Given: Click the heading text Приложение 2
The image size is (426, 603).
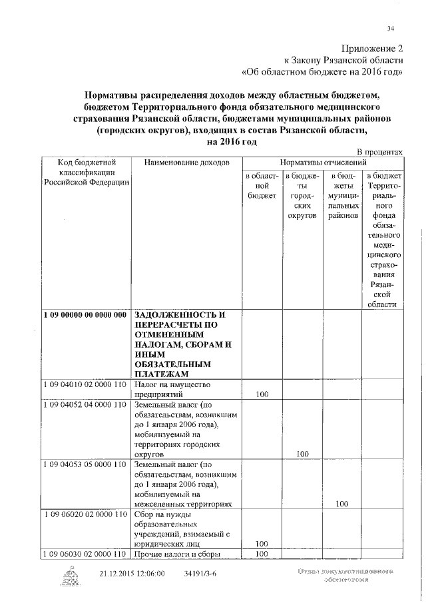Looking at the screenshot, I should tap(373, 49).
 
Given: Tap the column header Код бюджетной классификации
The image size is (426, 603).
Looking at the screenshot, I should tap(87, 173).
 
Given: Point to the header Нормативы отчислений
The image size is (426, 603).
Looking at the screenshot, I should tap(323, 163).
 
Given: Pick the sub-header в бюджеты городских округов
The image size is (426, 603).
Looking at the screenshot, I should tap(302, 196).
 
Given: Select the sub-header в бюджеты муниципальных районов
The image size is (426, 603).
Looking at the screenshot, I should tap(343, 196).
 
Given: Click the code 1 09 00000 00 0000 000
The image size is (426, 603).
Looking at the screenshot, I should tap(85, 314).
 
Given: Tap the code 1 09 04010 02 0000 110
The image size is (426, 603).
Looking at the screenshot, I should tap(85, 384).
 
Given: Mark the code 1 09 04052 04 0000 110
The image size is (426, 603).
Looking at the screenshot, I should tap(85, 404).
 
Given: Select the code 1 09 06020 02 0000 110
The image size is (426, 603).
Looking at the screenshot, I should tap(85, 514).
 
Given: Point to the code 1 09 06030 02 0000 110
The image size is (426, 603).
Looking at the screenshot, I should tap(85, 554).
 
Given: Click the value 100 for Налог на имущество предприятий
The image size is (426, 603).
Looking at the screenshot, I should tap(262, 394).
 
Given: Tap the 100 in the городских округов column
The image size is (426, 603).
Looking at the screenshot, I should tap(303, 454).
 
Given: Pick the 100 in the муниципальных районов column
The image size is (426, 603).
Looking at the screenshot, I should tap(342, 504).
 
